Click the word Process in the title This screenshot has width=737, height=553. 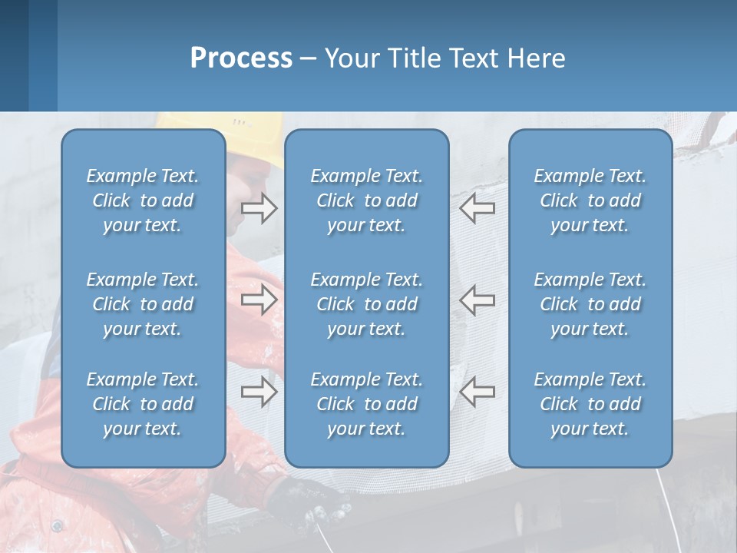(241, 58)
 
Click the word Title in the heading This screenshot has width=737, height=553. (419, 58)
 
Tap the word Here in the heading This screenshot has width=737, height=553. (537, 58)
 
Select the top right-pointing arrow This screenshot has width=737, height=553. (259, 208)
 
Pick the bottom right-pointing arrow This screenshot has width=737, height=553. (259, 392)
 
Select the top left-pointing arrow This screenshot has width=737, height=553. (478, 208)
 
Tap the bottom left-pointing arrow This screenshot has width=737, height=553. (478, 392)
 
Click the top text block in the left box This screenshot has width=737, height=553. (143, 200)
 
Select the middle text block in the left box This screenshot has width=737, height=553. (143, 304)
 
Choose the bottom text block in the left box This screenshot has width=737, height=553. (143, 404)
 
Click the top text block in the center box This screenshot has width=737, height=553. (366, 200)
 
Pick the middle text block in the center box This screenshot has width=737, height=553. (366, 304)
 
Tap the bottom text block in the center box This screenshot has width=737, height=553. (366, 404)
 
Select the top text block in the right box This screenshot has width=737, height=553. (590, 200)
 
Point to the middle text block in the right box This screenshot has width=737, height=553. (590, 304)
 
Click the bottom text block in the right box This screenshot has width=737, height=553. (590, 404)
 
